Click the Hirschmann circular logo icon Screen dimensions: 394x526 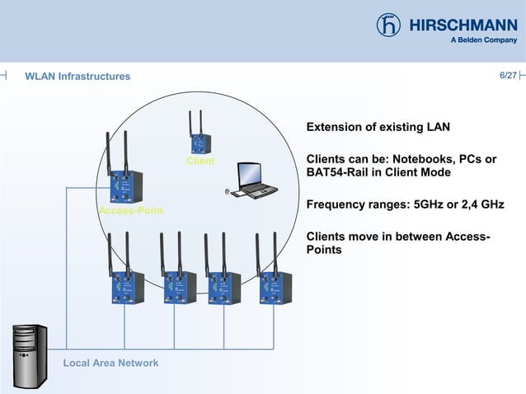click(x=389, y=25)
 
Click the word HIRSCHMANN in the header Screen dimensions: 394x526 click(x=463, y=24)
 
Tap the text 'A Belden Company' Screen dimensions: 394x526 click(x=483, y=40)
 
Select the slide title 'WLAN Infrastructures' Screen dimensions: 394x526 click(x=77, y=77)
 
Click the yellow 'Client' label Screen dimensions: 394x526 click(x=200, y=161)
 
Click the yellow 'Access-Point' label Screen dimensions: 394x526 click(x=130, y=211)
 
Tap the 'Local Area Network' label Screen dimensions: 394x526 click(x=111, y=363)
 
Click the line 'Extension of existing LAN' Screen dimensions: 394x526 click(x=378, y=128)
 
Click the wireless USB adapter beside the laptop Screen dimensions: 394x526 click(x=231, y=194)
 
